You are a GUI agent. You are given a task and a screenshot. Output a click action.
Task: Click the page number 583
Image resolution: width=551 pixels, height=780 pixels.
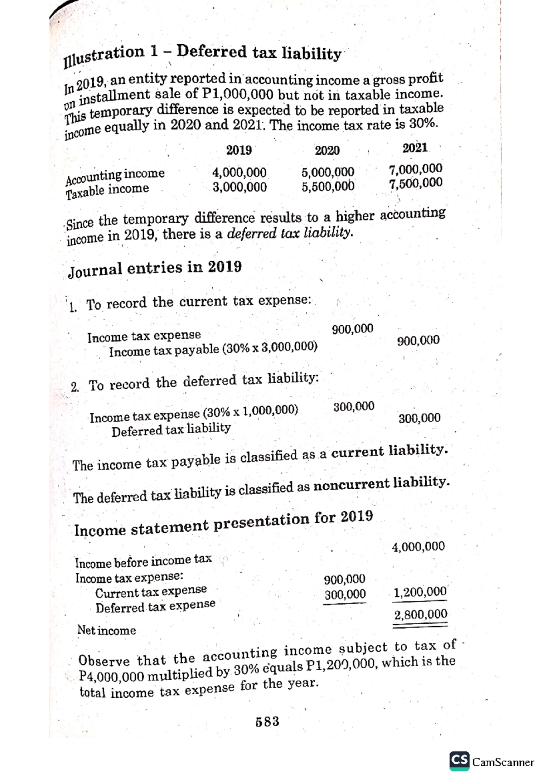click(267, 722)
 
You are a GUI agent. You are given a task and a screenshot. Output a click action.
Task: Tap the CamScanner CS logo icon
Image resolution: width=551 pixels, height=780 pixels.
click(460, 761)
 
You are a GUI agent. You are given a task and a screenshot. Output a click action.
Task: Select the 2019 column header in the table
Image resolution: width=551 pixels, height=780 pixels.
click(239, 150)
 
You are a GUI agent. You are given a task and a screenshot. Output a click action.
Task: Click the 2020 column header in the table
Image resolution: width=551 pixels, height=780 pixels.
click(327, 150)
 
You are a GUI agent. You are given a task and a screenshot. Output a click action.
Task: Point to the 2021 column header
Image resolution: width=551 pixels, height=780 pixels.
click(415, 148)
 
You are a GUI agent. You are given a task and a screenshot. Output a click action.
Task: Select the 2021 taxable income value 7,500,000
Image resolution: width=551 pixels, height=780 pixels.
click(416, 184)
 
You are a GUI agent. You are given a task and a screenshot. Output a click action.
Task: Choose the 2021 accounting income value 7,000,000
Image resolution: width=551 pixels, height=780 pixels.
click(416, 169)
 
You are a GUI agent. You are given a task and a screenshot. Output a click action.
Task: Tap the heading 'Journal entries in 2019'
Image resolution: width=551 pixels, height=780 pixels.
click(155, 268)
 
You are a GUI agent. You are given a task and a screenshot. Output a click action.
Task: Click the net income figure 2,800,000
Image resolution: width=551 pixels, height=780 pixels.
click(421, 615)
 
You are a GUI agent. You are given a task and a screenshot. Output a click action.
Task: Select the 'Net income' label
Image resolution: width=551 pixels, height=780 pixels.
click(107, 630)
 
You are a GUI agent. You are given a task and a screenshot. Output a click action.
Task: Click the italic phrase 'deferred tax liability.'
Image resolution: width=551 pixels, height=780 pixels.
click(291, 233)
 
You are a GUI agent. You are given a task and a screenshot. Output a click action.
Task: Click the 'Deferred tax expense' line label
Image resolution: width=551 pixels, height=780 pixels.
click(155, 606)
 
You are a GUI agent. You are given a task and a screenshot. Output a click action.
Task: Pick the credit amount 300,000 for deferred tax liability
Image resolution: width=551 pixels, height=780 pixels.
click(419, 418)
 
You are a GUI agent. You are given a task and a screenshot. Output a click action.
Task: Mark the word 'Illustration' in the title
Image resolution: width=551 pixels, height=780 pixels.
click(104, 56)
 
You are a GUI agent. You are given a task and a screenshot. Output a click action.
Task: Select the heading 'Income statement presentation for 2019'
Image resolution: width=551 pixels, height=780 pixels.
click(224, 524)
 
